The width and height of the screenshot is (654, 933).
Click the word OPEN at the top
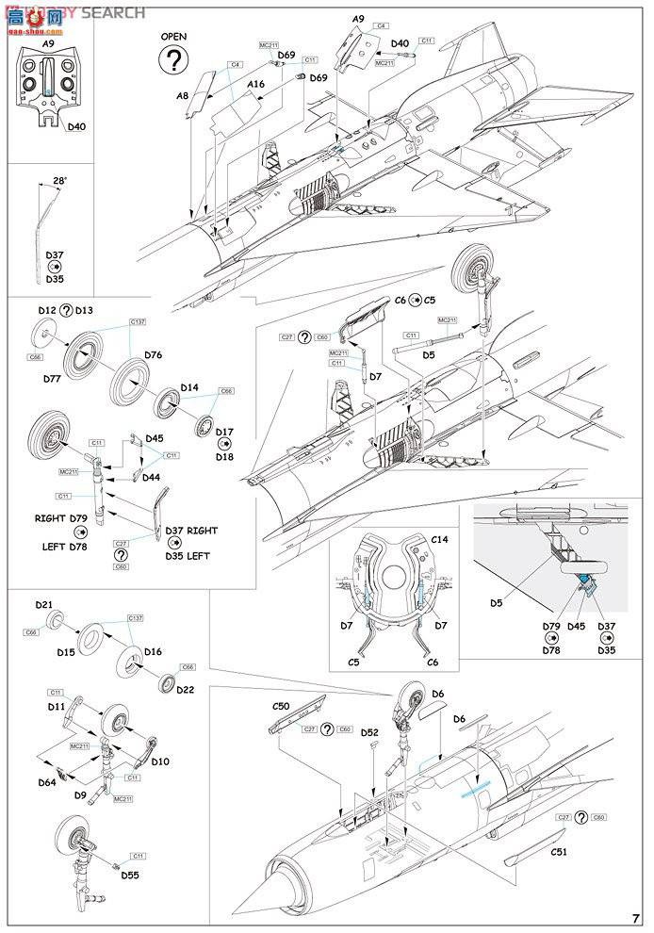pyautogui.click(x=173, y=37)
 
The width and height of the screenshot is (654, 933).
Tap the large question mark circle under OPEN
pyautogui.click(x=173, y=60)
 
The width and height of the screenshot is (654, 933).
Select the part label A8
pyautogui.click(x=183, y=95)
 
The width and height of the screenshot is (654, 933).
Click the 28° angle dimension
pyautogui.click(x=60, y=180)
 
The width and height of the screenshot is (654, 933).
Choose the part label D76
pyautogui.click(x=154, y=354)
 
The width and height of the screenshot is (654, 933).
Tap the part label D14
pyautogui.click(x=188, y=387)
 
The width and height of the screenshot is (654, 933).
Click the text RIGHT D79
pyautogui.click(x=65, y=518)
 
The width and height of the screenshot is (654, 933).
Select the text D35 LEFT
pyautogui.click(x=188, y=555)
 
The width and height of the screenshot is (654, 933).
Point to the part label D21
pyautogui.click(x=44, y=604)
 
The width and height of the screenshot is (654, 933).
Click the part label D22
pyautogui.click(x=185, y=690)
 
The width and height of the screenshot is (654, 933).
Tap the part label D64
pyautogui.click(x=47, y=782)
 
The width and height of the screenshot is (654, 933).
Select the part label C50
pyautogui.click(x=281, y=706)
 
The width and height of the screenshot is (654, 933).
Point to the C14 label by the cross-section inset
pyautogui.click(x=440, y=539)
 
